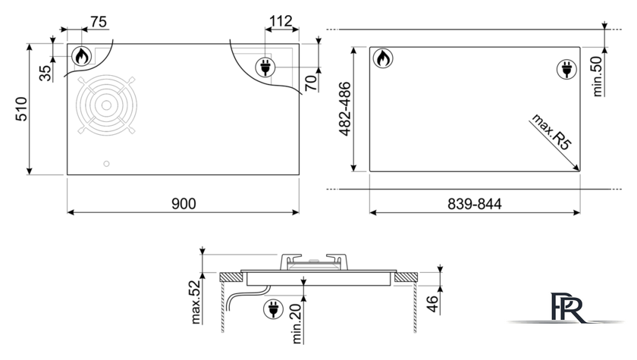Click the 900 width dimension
[184, 203]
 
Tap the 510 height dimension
[21, 109]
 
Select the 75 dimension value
[99, 21]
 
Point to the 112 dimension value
[281, 20]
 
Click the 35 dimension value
[45, 73]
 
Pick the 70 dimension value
[311, 83]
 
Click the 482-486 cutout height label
[344, 109]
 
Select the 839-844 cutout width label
[475, 204]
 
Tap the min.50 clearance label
[598, 77]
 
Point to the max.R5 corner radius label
[552, 133]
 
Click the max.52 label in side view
[196, 302]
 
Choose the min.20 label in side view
[297, 324]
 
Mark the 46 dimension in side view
[432, 304]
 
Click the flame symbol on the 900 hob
[82, 56]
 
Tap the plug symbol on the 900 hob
[265, 67]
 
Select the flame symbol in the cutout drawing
[383, 58]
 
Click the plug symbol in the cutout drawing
[566, 69]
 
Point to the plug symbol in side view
[274, 310]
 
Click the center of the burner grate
[106, 105]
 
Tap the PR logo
[566, 308]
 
